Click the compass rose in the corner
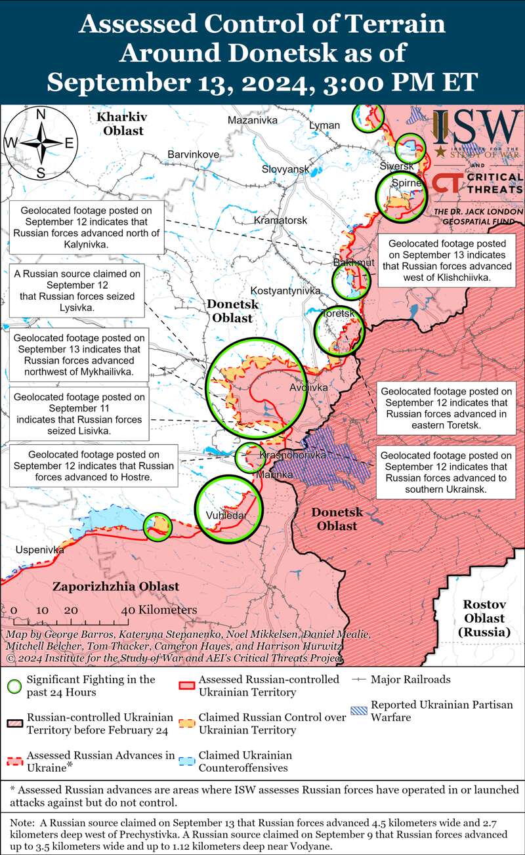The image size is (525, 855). (40, 143)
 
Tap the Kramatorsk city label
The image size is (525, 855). (280, 220)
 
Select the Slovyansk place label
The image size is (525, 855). (285, 169)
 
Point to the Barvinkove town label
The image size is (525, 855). (193, 154)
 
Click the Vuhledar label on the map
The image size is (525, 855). (226, 515)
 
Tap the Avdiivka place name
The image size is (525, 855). (308, 388)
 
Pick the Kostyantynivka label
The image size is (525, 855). (285, 290)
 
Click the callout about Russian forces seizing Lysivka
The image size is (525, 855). (77, 290)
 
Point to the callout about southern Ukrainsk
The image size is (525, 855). (446, 472)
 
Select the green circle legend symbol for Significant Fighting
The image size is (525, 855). (12, 686)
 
